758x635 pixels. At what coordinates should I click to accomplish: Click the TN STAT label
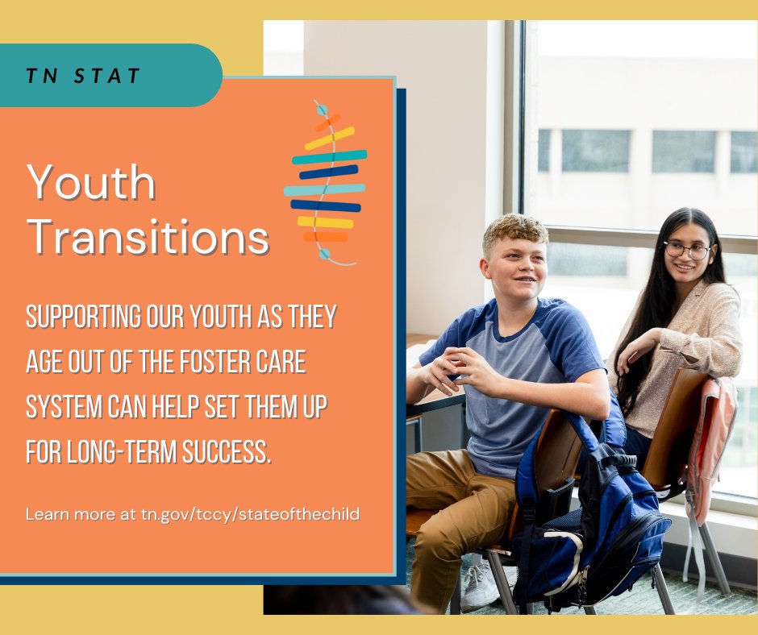tap(83, 76)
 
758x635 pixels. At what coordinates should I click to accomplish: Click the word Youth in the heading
tap(90, 184)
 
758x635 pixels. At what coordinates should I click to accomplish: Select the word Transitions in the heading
tap(148, 237)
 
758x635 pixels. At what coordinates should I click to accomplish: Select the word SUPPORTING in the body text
tap(80, 317)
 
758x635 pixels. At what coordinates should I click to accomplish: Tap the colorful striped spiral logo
tap(326, 184)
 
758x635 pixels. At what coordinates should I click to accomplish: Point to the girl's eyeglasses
tap(687, 250)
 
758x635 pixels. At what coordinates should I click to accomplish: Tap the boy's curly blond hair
tap(514, 230)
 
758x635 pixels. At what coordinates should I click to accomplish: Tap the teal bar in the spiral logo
tap(329, 157)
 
